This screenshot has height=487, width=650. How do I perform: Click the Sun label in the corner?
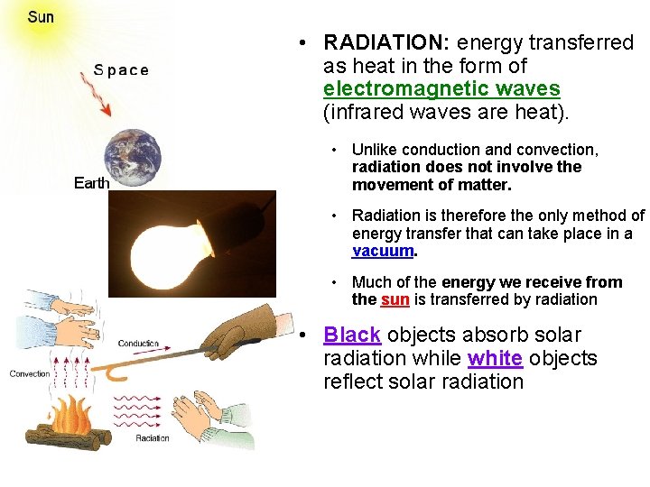tap(40, 17)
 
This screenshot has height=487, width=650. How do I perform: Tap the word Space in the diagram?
tap(121, 70)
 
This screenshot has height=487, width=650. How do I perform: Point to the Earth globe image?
tap(135, 158)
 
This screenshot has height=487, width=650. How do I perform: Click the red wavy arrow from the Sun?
tap(94, 96)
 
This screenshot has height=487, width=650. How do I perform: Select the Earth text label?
tap(91, 183)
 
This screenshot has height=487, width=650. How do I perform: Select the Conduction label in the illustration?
tap(138, 344)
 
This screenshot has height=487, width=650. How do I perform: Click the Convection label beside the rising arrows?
tap(30, 373)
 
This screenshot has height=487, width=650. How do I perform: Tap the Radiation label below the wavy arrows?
tap(152, 438)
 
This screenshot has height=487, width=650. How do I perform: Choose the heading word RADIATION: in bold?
tap(387, 43)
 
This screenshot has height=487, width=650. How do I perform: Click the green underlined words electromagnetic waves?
tap(441, 89)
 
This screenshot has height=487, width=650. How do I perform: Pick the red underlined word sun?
tap(395, 299)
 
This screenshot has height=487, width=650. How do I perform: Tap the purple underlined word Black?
tap(352, 335)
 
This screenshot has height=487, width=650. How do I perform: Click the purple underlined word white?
tap(495, 358)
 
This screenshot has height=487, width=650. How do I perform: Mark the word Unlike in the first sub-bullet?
tap(373, 150)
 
